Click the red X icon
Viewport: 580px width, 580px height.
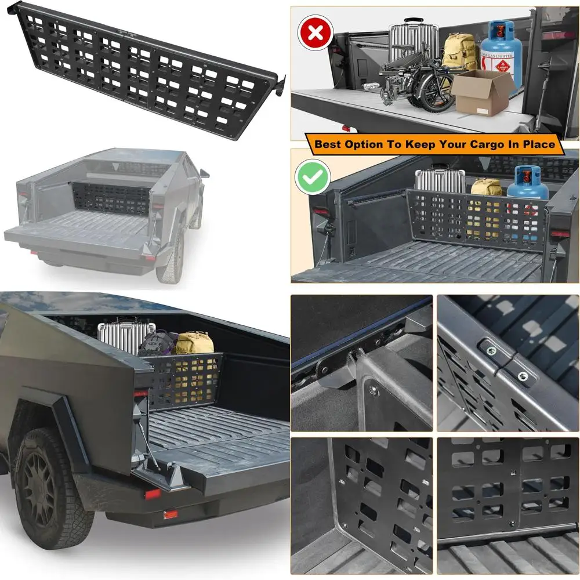315,32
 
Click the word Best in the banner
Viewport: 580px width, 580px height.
329,144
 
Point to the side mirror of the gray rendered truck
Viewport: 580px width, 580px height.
204,172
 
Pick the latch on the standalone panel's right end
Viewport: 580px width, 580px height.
279,85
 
